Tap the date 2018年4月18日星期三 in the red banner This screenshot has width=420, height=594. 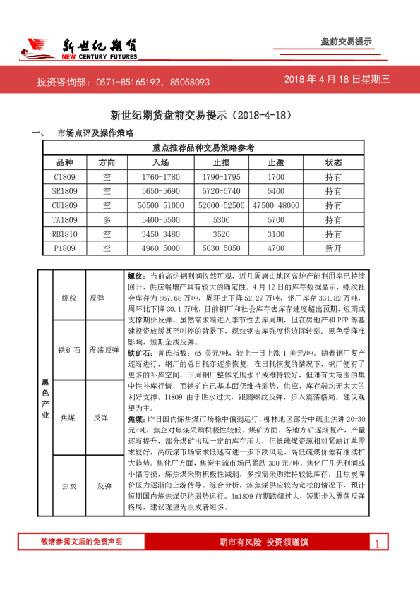pos(337,80)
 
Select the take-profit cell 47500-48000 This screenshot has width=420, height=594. pos(275,205)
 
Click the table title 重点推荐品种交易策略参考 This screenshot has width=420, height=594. pos(203,147)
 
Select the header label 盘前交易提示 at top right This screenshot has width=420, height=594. pos(346,42)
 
